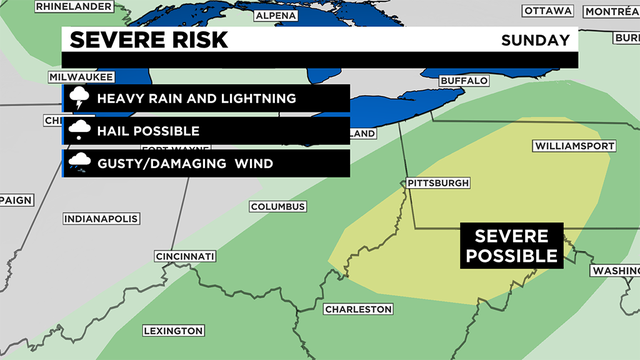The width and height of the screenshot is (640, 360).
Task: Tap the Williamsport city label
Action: tap(572, 145)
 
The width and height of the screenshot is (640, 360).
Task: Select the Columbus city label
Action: tap(276, 207)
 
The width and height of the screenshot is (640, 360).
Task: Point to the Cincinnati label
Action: tap(185, 257)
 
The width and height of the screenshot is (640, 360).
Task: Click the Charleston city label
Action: tap(358, 309)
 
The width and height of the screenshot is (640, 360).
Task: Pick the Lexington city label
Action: tap(173, 331)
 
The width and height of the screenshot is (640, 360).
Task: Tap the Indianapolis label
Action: tap(101, 218)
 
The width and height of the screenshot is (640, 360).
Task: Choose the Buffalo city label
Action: tap(464, 80)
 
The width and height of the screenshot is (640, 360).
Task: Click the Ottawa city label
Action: tap(548, 10)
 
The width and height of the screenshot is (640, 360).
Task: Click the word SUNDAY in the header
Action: tap(537, 41)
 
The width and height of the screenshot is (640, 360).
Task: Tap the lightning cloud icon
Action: tap(78, 99)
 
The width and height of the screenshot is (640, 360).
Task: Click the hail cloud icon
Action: tap(78, 131)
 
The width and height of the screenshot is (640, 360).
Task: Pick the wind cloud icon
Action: tap(78, 163)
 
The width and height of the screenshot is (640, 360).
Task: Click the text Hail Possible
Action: tap(149, 131)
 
